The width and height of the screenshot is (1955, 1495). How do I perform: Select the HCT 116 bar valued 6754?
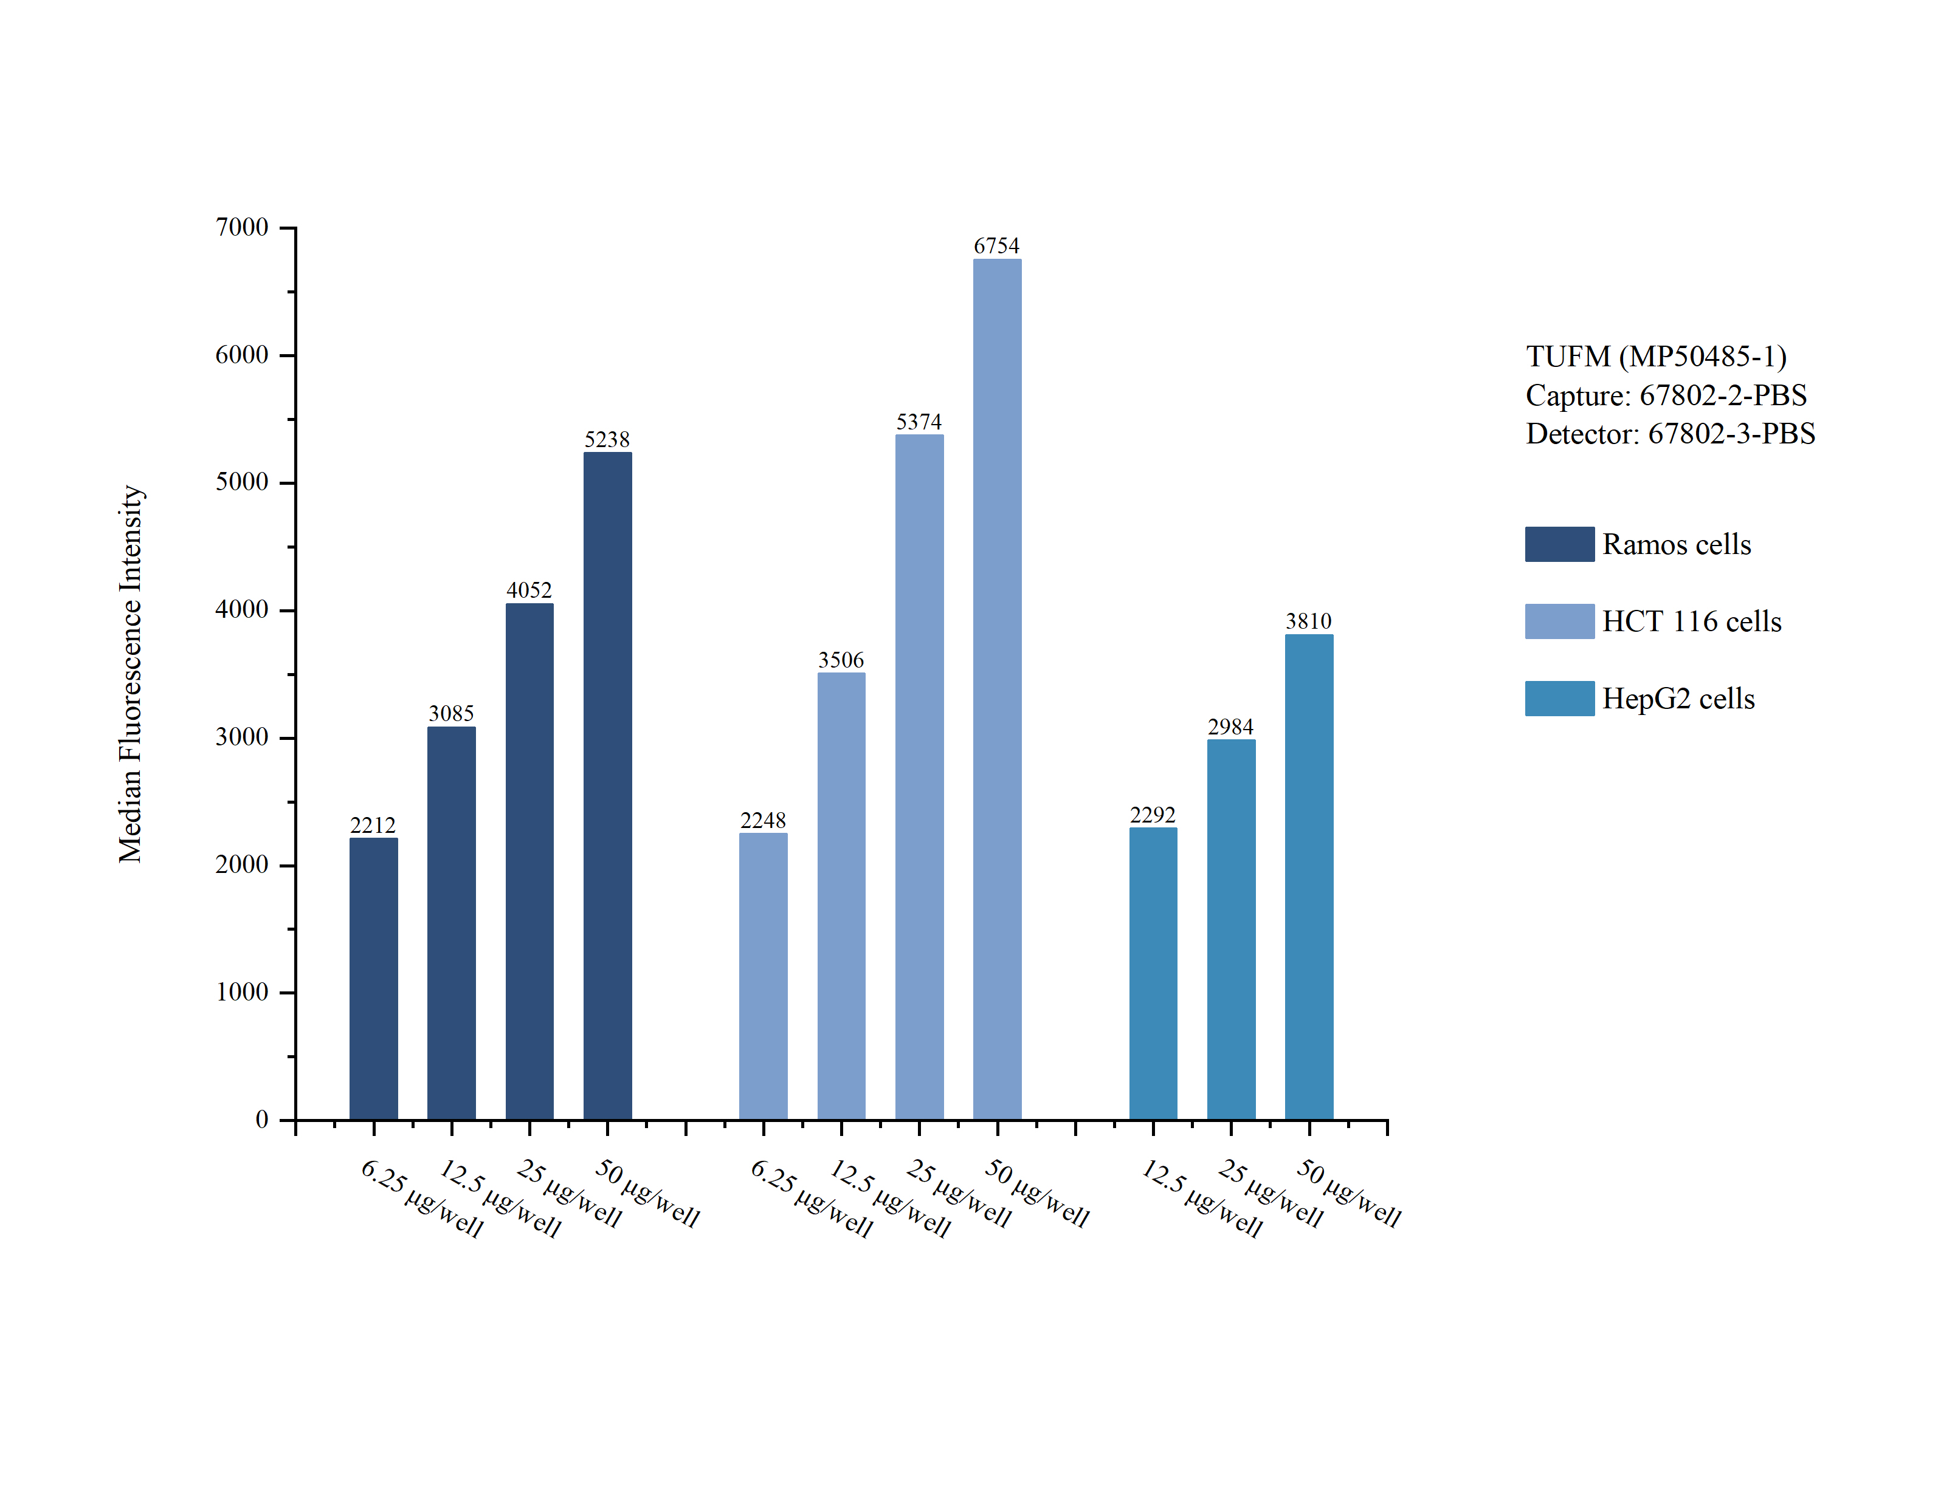[996, 689]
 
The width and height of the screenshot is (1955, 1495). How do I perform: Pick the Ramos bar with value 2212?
[373, 978]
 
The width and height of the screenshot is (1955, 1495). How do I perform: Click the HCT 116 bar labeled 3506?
[840, 895]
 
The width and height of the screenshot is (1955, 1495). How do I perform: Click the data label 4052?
[529, 590]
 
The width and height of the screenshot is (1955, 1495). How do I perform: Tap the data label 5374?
[918, 422]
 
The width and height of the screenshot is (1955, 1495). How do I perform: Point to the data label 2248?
[762, 819]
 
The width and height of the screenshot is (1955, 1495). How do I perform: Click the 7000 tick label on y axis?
[241, 228]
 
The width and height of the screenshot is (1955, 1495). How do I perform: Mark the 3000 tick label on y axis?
[241, 737]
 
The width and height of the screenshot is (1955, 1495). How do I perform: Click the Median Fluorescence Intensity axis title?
[131, 674]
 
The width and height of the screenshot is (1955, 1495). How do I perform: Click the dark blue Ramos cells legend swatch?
[1558, 544]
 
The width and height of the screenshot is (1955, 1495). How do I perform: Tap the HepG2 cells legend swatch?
[1558, 699]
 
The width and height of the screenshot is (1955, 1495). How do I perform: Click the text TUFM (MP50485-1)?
[1656, 356]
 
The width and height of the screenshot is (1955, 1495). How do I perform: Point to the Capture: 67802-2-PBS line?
[1666, 395]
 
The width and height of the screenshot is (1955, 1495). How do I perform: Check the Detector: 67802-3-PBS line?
[1670, 433]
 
